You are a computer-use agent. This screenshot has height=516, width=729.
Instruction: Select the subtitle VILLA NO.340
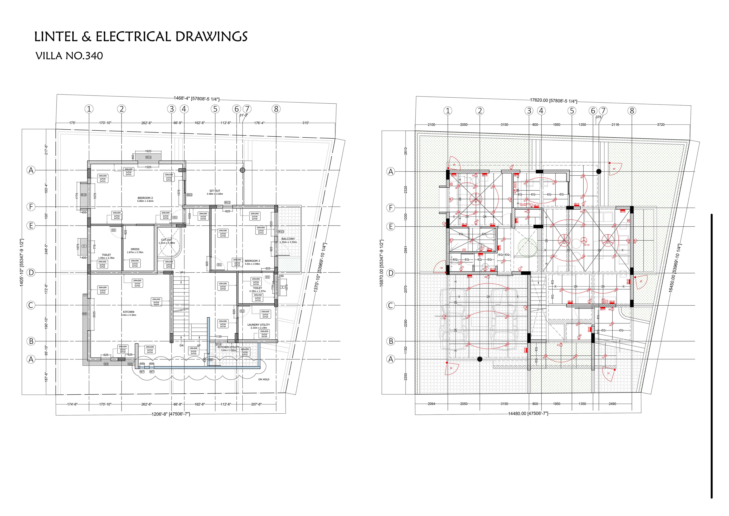[69, 56]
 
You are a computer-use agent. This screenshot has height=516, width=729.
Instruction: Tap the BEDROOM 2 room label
[145, 198]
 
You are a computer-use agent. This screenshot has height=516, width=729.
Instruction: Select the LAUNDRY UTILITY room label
[258, 325]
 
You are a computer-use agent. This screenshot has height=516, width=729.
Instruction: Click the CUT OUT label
[167, 240]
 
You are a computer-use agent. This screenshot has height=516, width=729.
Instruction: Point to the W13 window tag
[281, 232]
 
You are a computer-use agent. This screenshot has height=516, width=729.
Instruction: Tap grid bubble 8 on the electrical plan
[632, 111]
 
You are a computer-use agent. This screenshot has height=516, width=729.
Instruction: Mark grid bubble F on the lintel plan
[31, 207]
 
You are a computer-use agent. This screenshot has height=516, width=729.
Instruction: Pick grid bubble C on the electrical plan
[391, 306]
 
